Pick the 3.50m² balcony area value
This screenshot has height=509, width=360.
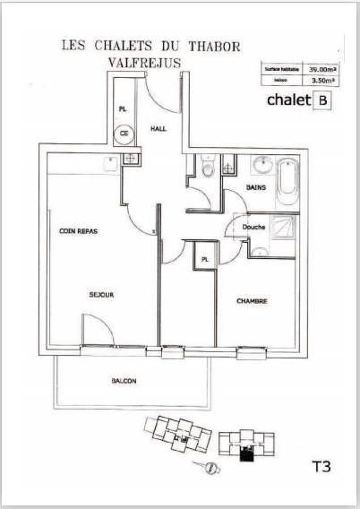(320, 80)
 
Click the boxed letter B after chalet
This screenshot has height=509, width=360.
(320, 100)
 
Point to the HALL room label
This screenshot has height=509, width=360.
(158, 129)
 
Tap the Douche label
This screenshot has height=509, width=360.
(254, 228)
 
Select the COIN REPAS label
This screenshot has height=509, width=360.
(78, 231)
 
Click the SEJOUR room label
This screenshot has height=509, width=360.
(101, 294)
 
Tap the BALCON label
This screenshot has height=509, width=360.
(124, 382)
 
